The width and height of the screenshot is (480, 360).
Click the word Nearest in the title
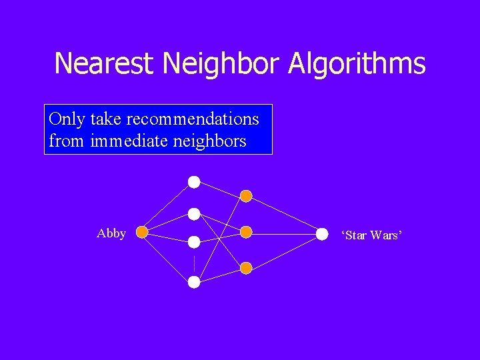tap(104, 64)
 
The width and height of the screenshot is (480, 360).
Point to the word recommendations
tap(192, 119)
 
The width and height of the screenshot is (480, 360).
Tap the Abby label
tap(111, 233)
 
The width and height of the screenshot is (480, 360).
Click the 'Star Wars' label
tap(371, 235)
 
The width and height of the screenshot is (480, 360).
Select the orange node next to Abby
tap(142, 233)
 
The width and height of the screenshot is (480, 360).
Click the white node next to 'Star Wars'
tap(322, 233)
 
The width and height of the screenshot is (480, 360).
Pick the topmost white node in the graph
tap(193, 181)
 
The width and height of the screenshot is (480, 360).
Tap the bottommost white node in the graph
tap(193, 282)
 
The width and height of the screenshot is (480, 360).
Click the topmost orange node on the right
tap(246, 196)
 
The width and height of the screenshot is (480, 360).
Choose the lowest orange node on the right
tap(246, 268)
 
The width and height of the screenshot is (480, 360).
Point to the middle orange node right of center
tap(246, 232)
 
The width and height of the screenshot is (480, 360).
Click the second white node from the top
tap(193, 214)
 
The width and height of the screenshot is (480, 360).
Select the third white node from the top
tap(193, 242)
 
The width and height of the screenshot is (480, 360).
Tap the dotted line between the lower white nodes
tap(193, 262)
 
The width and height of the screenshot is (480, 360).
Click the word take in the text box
tap(105, 119)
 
